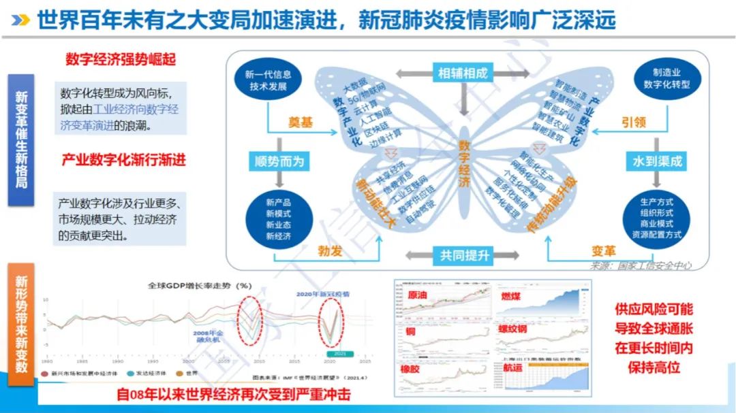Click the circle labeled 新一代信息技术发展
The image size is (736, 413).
click(268, 80)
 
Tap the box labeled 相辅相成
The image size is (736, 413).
click(462, 73)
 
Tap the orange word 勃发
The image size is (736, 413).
click(329, 251)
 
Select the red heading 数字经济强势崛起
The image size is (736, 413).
click(121, 59)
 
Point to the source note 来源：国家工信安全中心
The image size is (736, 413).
click(640, 265)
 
